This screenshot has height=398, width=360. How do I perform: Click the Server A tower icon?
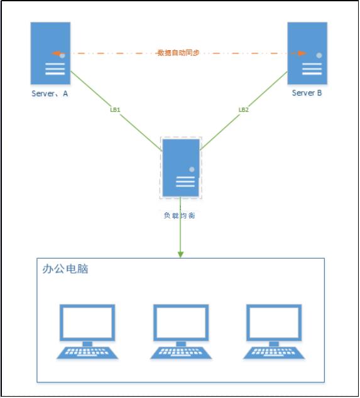click(x=51, y=53)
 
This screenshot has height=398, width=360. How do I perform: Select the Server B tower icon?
click(x=307, y=53)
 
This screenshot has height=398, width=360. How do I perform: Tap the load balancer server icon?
click(x=180, y=168)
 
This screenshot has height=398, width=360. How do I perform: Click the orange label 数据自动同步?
click(x=178, y=53)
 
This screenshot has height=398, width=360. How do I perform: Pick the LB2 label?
click(x=244, y=109)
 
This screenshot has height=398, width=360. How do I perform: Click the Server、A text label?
click(x=50, y=94)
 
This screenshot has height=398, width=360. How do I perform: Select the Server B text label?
click(x=307, y=93)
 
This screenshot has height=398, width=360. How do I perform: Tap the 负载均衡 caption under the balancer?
click(x=180, y=215)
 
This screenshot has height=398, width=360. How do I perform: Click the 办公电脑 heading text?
click(x=65, y=269)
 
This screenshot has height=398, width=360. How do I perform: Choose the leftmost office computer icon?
click(x=87, y=331)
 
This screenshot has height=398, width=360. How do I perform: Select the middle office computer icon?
click(x=180, y=331)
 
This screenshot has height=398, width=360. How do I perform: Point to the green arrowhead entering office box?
click(x=180, y=254)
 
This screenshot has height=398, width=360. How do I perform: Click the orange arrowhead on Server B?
click(x=302, y=53)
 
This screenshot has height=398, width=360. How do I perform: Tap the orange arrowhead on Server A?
click(x=56, y=53)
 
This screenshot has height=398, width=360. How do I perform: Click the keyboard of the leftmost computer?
click(x=87, y=352)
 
